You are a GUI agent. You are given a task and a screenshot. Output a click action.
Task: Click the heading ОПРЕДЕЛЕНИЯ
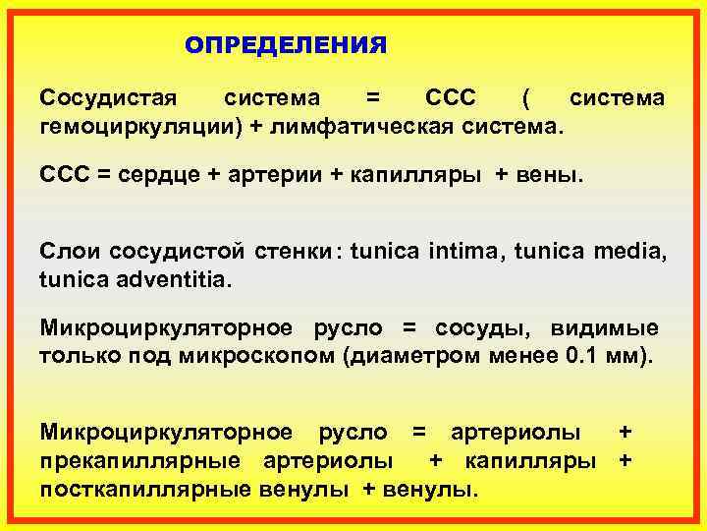click(286, 45)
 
